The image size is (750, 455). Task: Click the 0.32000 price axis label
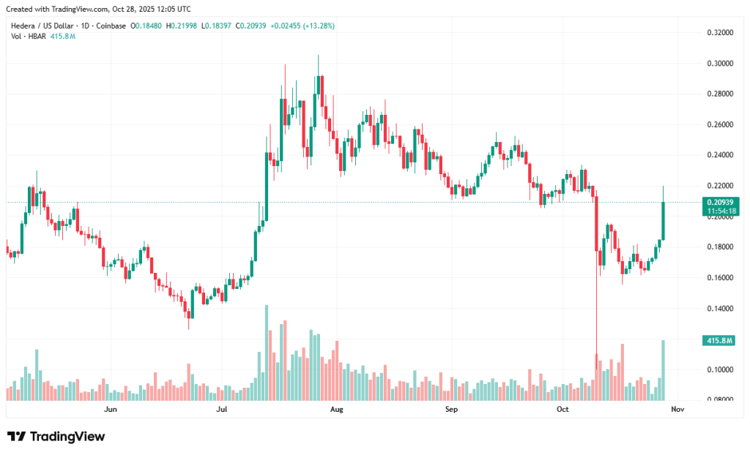pyautogui.click(x=721, y=33)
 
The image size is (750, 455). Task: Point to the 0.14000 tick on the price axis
pyautogui.click(x=721, y=309)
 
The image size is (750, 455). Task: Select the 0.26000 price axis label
pyautogui.click(x=721, y=125)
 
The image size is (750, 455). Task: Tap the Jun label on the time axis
pyautogui.click(x=111, y=410)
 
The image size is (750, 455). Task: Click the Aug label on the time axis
pyautogui.click(x=337, y=410)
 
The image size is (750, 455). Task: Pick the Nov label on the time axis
pyautogui.click(x=677, y=410)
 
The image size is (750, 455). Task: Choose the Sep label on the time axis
pyautogui.click(x=451, y=410)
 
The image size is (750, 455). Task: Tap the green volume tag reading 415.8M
pyautogui.click(x=718, y=341)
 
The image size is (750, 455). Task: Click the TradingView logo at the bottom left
pyautogui.click(x=56, y=437)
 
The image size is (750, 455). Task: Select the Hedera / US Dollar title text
pyautogui.click(x=44, y=26)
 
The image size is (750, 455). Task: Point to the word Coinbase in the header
pyautogui.click(x=112, y=26)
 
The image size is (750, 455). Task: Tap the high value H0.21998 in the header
pyautogui.click(x=185, y=26)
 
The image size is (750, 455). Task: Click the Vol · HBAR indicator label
pyautogui.click(x=28, y=36)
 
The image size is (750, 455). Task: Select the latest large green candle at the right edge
pyautogui.click(x=664, y=219)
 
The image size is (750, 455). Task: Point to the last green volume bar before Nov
pyautogui.click(x=664, y=370)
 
